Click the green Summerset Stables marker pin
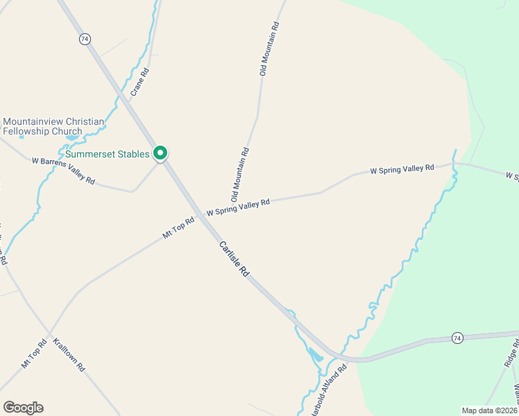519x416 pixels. pos(161,153)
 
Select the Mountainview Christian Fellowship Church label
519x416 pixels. pos(53,126)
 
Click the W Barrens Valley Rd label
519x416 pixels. pos(63,170)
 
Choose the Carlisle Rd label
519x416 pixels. pos(234,259)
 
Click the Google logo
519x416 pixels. pos(23,408)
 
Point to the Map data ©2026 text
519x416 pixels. pos(489,410)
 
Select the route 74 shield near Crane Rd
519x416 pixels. pos(85,39)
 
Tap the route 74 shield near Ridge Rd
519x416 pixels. pos(457,338)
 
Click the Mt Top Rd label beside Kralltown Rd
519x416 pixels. pos(34,354)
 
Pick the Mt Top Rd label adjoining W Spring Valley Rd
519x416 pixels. pos(178,226)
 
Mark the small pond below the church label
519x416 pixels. pos(71,137)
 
